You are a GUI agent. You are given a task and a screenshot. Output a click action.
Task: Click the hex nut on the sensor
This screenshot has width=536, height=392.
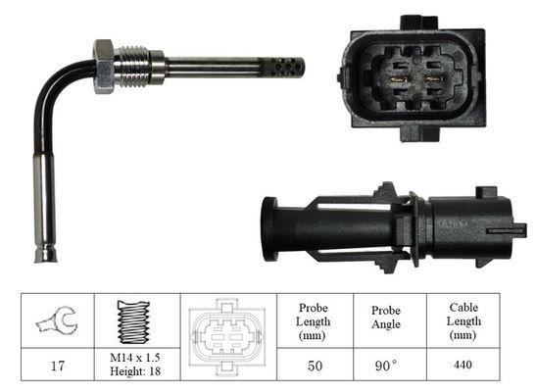coord(104,67)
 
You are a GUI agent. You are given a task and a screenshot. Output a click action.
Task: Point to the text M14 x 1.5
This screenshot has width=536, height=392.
coord(136,358)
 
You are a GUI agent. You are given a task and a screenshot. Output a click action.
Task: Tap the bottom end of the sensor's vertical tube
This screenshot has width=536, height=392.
coord(46,256)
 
